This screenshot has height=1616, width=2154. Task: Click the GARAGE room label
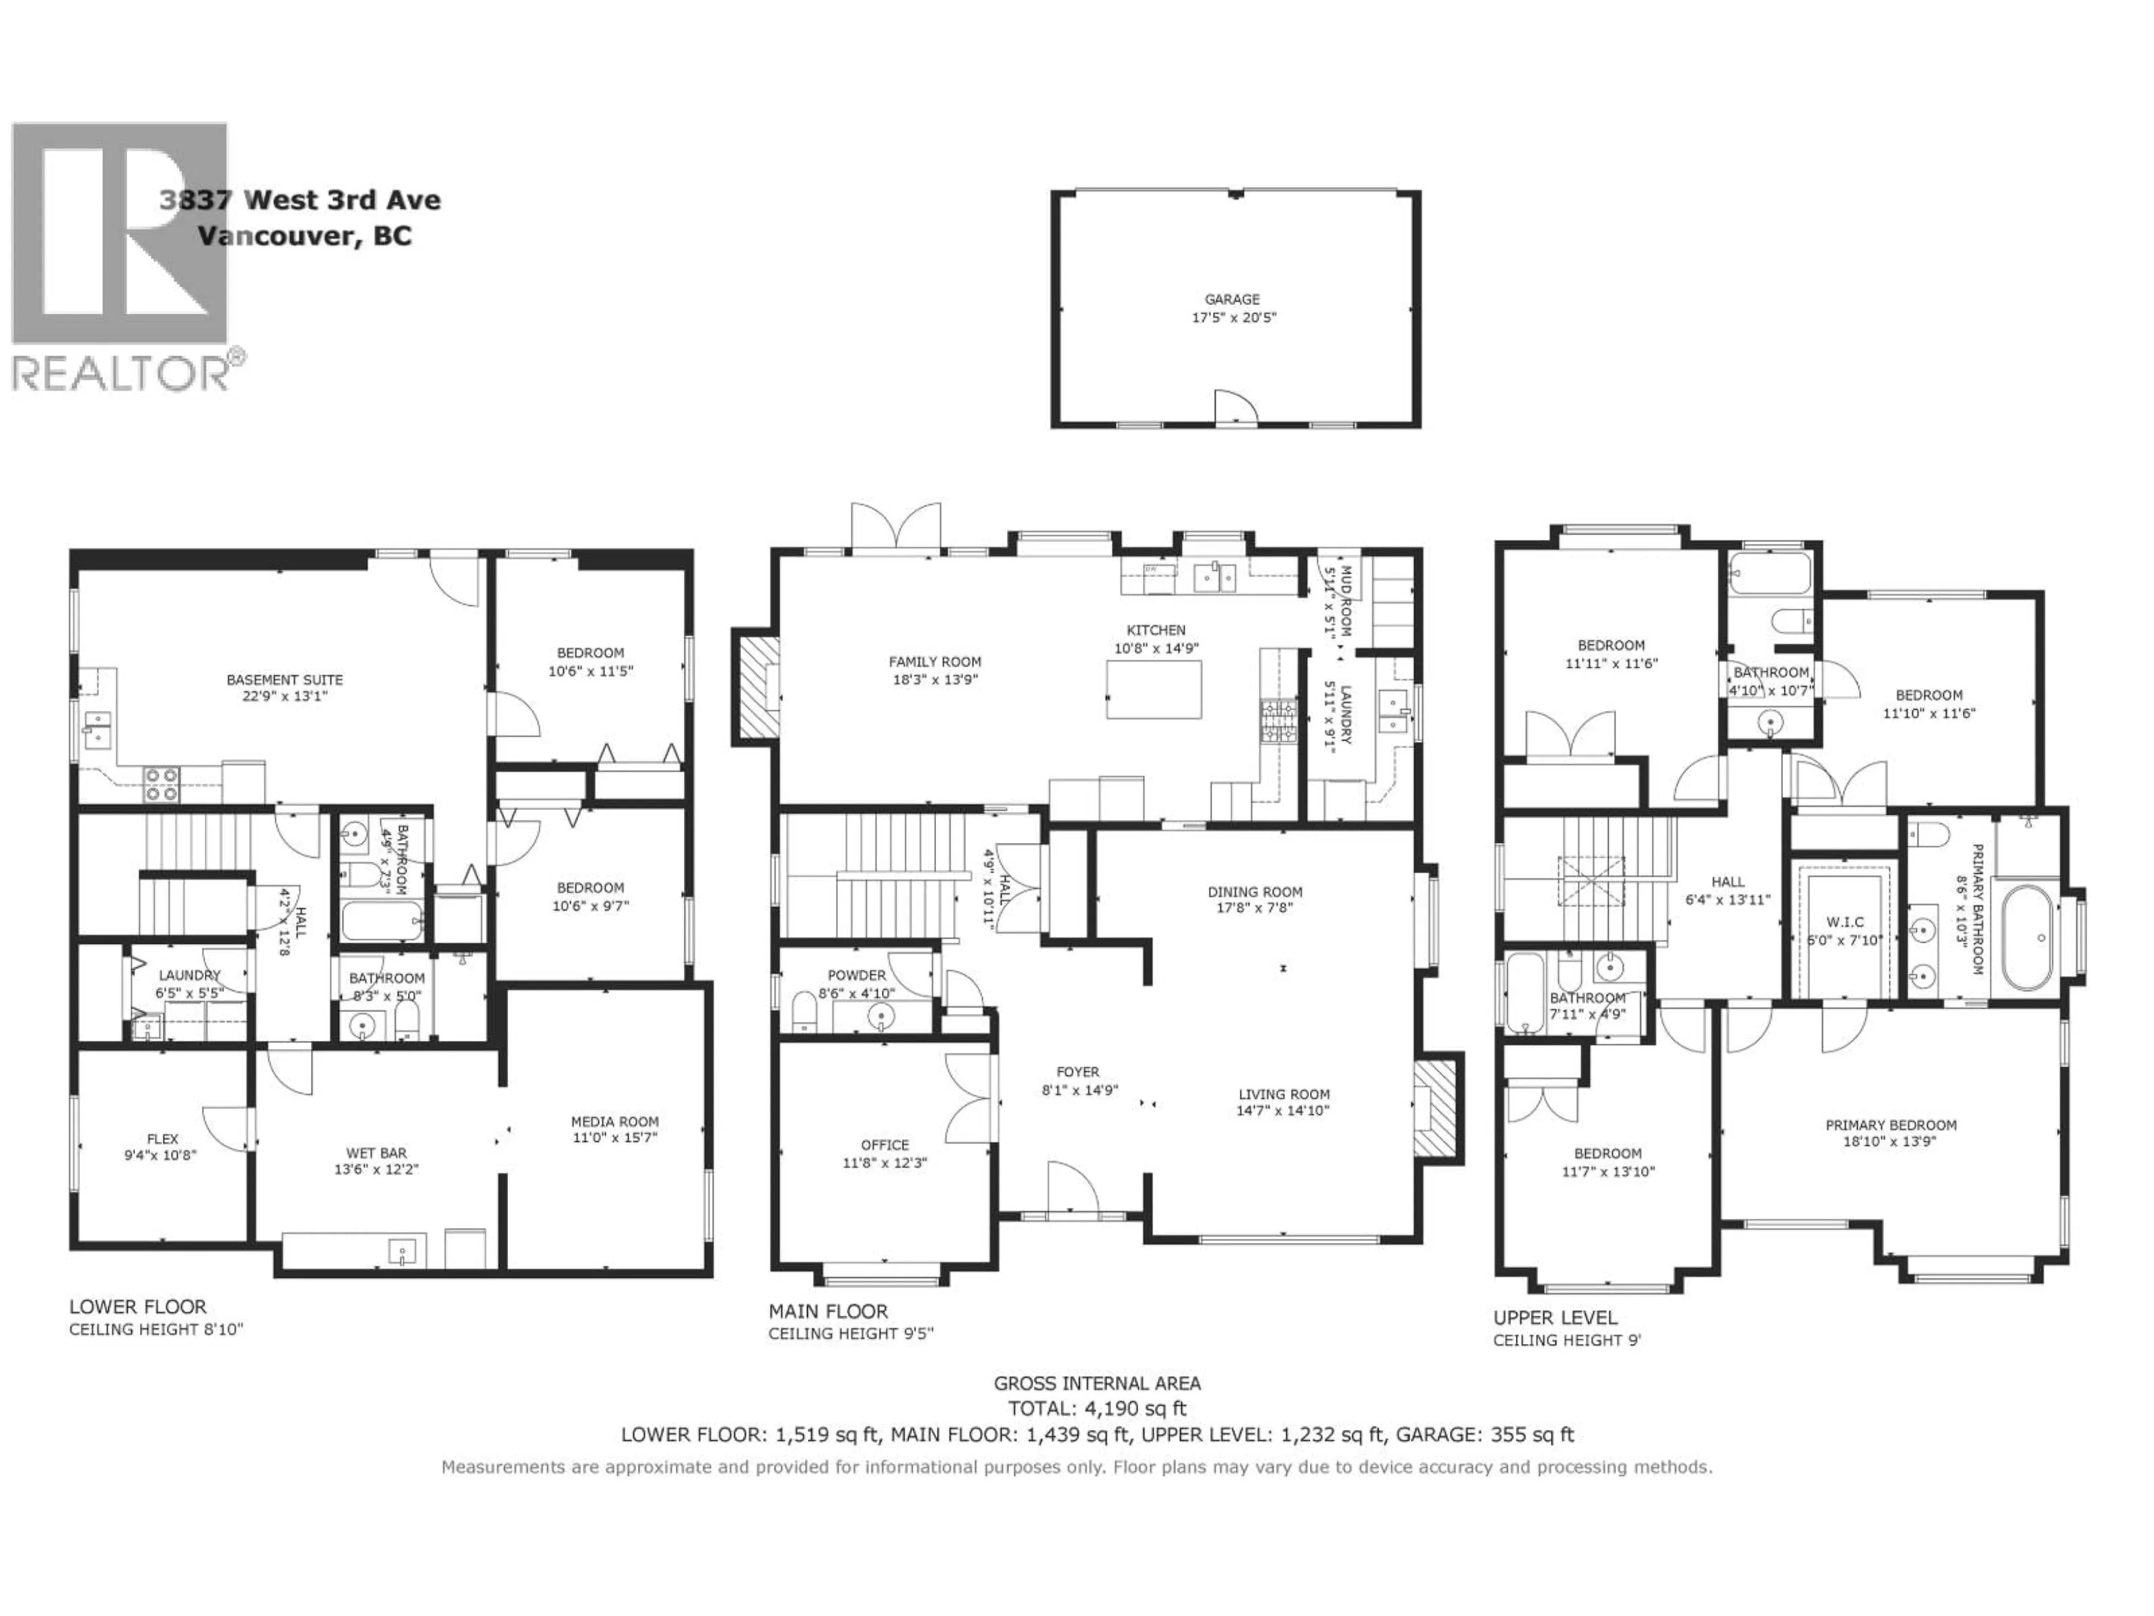1232,299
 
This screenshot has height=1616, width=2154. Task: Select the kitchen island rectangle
1154,688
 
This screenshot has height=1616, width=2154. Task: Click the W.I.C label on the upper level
1845,921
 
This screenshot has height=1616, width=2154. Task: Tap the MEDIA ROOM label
614,1121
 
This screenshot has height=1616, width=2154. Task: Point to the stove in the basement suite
162,784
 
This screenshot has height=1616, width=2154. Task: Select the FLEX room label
163,1138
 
